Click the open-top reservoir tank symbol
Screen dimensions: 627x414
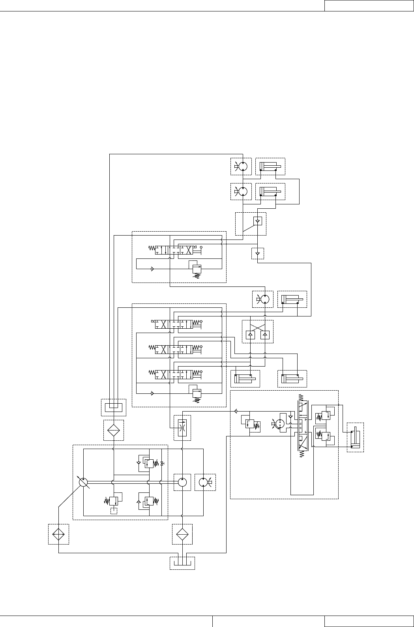pos(182,563)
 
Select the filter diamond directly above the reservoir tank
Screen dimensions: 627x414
pos(182,534)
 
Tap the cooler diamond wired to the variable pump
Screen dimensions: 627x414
pos(58,534)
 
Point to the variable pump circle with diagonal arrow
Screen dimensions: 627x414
pos(83,482)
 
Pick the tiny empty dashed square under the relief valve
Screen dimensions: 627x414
pos(114,511)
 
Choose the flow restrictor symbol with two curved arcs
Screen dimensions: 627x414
pos(182,427)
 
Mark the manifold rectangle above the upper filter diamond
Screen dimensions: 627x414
pos(114,406)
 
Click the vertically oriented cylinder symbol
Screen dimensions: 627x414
pos(355,437)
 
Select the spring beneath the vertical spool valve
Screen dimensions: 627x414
pos(301,454)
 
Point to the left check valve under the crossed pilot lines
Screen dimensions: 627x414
pos(250,335)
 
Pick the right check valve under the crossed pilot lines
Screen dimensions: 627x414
pos(265,335)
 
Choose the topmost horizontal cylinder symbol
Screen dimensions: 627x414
pos(270,167)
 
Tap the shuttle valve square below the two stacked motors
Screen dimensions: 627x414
pos(257,221)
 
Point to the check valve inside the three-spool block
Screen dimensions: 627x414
pos(152,393)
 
